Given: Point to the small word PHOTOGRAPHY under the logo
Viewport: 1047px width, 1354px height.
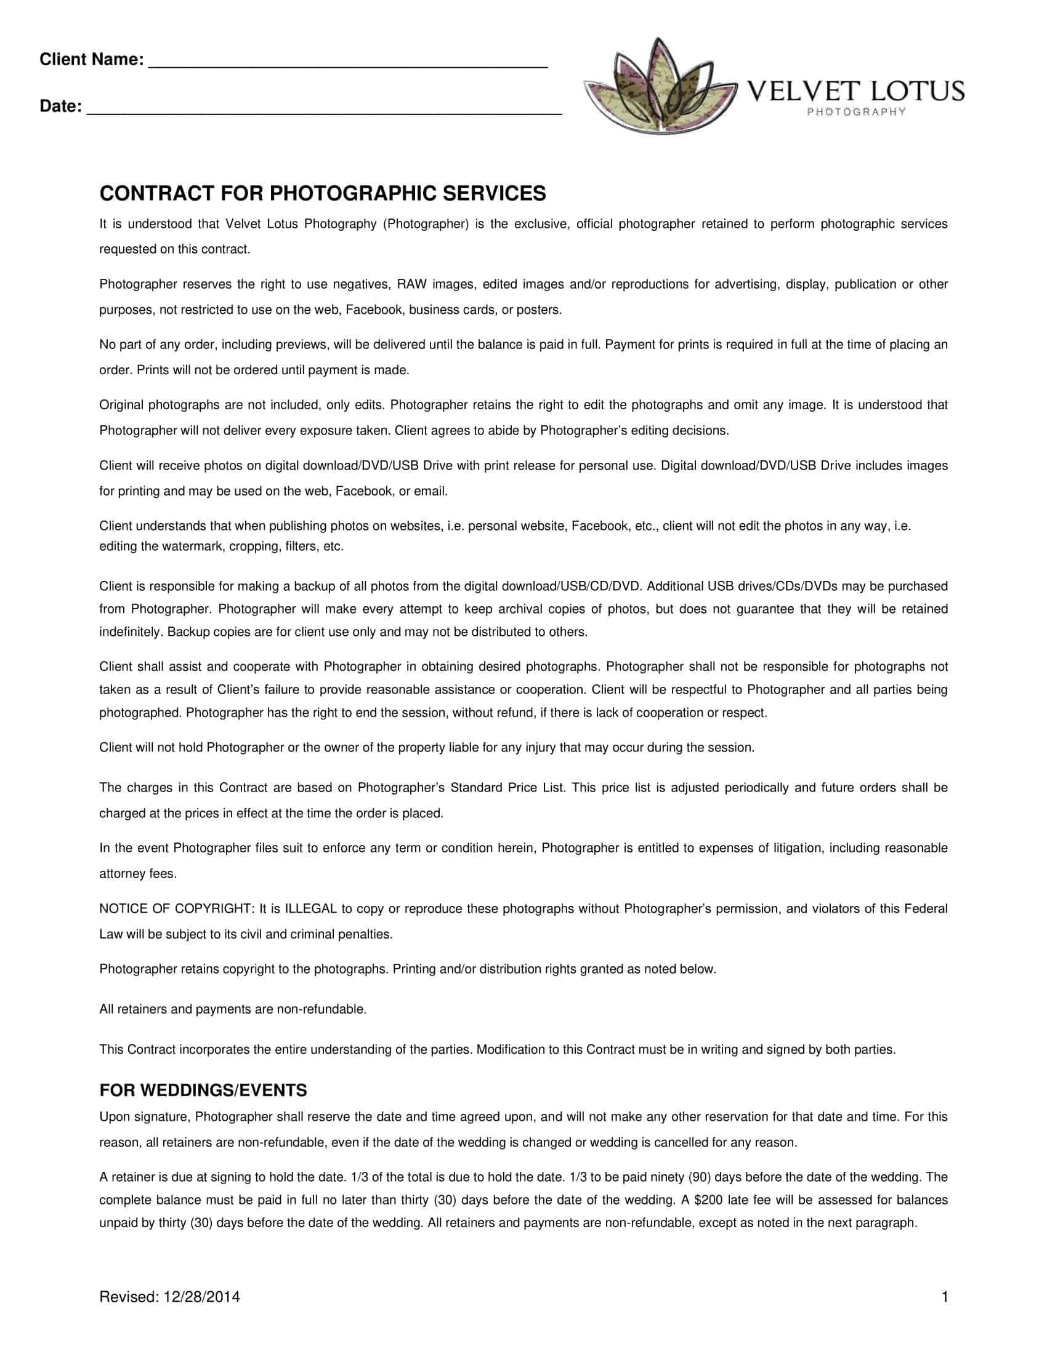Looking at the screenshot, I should tap(857, 111).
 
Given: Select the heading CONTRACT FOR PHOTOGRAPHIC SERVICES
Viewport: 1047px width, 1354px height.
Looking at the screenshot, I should tap(323, 193).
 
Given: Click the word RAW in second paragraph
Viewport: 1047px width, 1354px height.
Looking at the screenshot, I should tap(411, 284).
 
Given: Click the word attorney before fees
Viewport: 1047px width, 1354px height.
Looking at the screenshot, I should tap(122, 873).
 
